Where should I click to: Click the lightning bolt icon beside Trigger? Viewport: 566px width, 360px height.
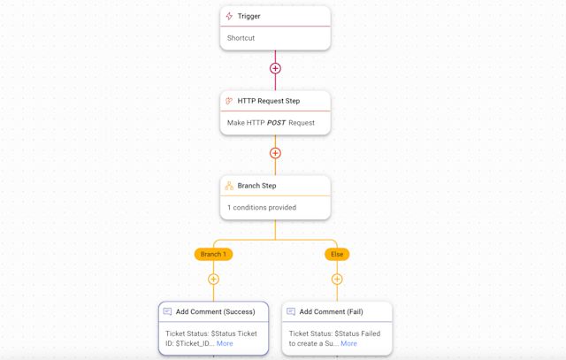pyautogui.click(x=229, y=16)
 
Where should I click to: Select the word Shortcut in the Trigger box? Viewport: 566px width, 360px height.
pyautogui.click(x=241, y=38)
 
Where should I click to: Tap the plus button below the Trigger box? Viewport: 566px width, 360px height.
pyautogui.click(x=275, y=68)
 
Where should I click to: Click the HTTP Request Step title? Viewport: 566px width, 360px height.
pyautogui.click(x=269, y=101)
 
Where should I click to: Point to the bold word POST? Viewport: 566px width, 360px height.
pyautogui.click(x=276, y=123)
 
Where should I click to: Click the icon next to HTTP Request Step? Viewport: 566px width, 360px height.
pyautogui.click(x=229, y=101)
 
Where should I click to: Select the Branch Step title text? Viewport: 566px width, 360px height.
pyautogui.click(x=256, y=186)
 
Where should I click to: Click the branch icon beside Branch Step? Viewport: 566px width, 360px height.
pyautogui.click(x=229, y=186)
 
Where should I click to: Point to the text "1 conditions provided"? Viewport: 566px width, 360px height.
pyautogui.click(x=262, y=208)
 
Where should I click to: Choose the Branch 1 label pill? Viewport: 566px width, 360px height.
pyautogui.click(x=213, y=254)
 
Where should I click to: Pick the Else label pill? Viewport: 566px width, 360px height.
pyautogui.click(x=337, y=254)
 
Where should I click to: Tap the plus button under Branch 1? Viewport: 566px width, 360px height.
pyautogui.click(x=213, y=280)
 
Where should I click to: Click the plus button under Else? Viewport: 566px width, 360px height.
pyautogui.click(x=337, y=280)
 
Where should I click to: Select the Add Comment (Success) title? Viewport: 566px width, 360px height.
pyautogui.click(x=215, y=311)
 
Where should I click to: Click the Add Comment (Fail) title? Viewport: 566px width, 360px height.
pyautogui.click(x=331, y=311)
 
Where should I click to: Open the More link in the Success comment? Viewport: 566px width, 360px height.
pyautogui.click(x=225, y=343)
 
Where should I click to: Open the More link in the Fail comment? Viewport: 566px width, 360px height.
pyautogui.click(x=348, y=343)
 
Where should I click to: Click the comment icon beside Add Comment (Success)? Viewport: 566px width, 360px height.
pyautogui.click(x=167, y=311)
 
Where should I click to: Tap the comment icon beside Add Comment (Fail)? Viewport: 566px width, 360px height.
pyautogui.click(x=291, y=311)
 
